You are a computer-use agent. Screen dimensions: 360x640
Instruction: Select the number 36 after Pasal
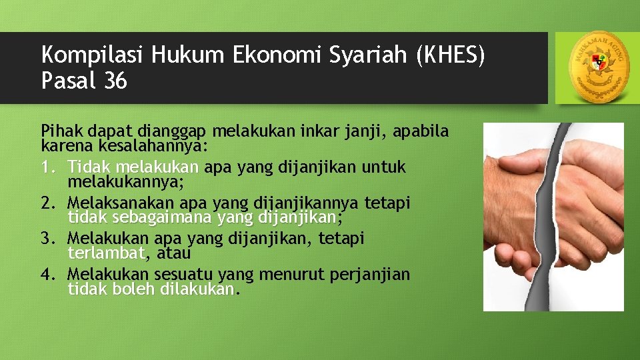pyautogui.click(x=115, y=81)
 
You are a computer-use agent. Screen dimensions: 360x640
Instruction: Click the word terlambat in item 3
pyautogui.click(x=106, y=253)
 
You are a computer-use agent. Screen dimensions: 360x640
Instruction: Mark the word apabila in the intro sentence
pyautogui.click(x=423, y=131)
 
